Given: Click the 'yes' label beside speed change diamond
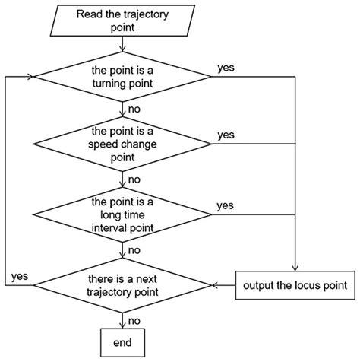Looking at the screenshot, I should [226, 135].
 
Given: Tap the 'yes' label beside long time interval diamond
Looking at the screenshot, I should [226, 205].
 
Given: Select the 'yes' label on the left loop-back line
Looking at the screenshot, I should [21, 277].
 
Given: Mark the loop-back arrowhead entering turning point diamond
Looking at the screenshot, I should [31, 76].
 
